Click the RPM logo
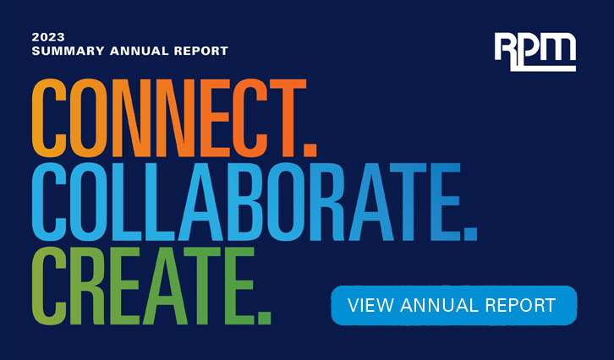pyautogui.click(x=535, y=52)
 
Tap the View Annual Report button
pyautogui.click(x=453, y=305)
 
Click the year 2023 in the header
pyautogui.click(x=47, y=37)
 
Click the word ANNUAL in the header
pyautogui.click(x=134, y=51)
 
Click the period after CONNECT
pyautogui.click(x=310, y=150)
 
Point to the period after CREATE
pyautogui.click(x=265, y=316)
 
